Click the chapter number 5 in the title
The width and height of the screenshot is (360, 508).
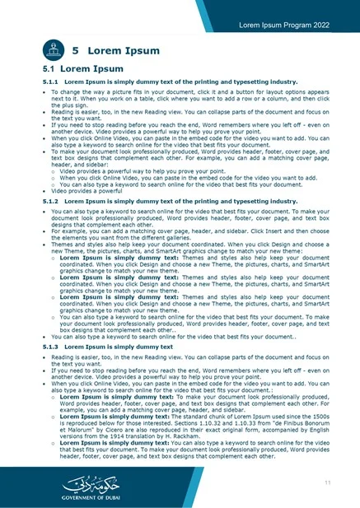pos(76,52)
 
